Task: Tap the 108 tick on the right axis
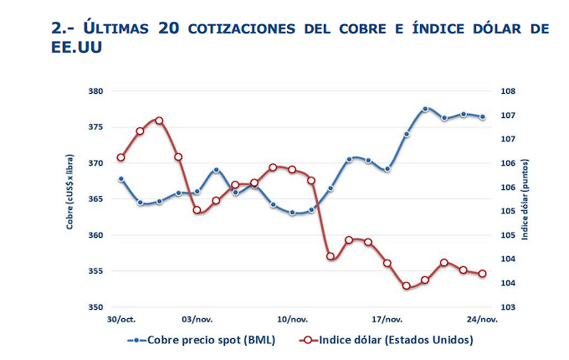coord(506,91)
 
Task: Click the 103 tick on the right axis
coord(506,307)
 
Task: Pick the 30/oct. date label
coord(121,319)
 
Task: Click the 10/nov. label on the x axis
coord(293,319)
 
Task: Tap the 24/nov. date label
coord(483,319)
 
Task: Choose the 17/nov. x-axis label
coord(387,319)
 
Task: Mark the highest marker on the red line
coord(159,121)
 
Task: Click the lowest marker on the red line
coord(407,285)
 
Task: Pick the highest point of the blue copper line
coord(425,109)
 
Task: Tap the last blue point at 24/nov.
coord(482,116)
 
